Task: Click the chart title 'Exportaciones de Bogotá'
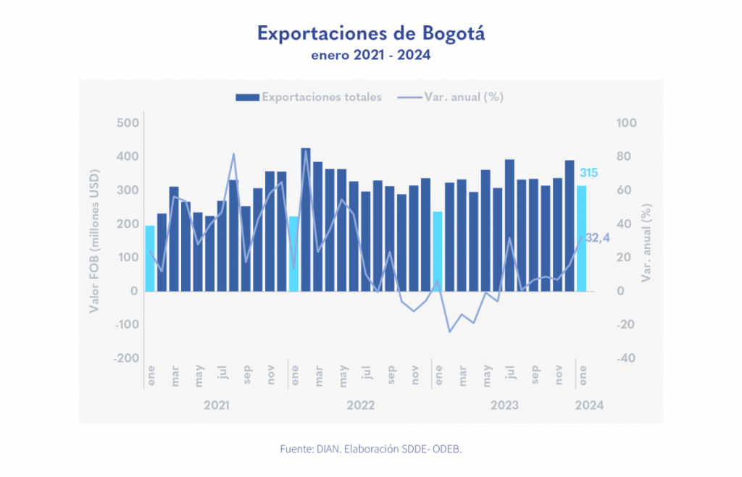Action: pos(370,33)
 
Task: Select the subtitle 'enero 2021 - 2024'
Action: pos(370,55)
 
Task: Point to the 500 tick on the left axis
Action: pos(127,123)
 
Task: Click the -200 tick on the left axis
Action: pos(125,358)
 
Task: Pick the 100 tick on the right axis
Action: pos(626,123)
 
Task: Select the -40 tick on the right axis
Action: pos(626,358)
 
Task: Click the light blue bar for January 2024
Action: pos(581,239)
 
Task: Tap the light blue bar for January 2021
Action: pos(150,258)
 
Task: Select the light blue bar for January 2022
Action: pos(293,253)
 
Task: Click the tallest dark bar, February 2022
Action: pos(306,219)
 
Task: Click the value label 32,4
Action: pos(598,238)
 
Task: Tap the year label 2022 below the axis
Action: pos(360,405)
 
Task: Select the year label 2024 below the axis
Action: pos(588,405)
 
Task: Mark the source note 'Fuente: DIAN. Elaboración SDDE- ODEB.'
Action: pos(370,449)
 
